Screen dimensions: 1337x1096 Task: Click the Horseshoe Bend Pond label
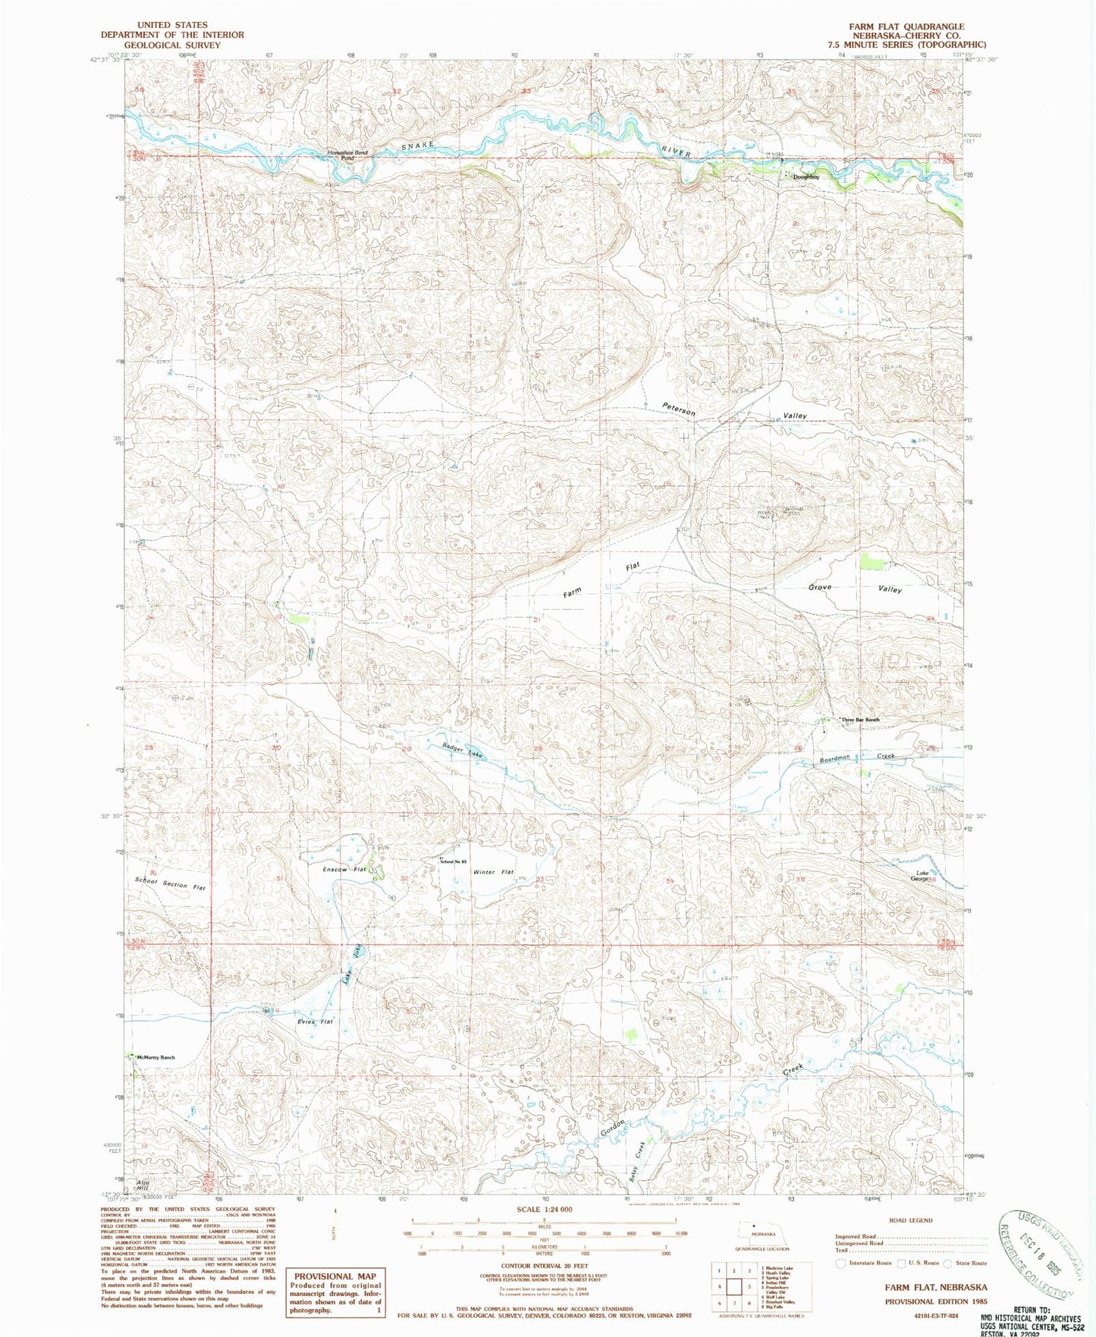347,155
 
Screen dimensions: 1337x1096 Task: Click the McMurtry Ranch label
156,1057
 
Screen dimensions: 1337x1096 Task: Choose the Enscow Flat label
345,869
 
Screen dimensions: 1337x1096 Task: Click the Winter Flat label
494,872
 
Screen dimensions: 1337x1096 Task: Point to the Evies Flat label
315,1022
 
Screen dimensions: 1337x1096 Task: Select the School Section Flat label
170,884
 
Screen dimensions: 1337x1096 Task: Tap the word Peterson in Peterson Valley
678,408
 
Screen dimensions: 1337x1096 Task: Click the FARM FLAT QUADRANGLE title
906,27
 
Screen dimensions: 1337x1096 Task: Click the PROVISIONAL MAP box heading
334,1276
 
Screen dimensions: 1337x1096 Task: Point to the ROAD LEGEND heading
909,1220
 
